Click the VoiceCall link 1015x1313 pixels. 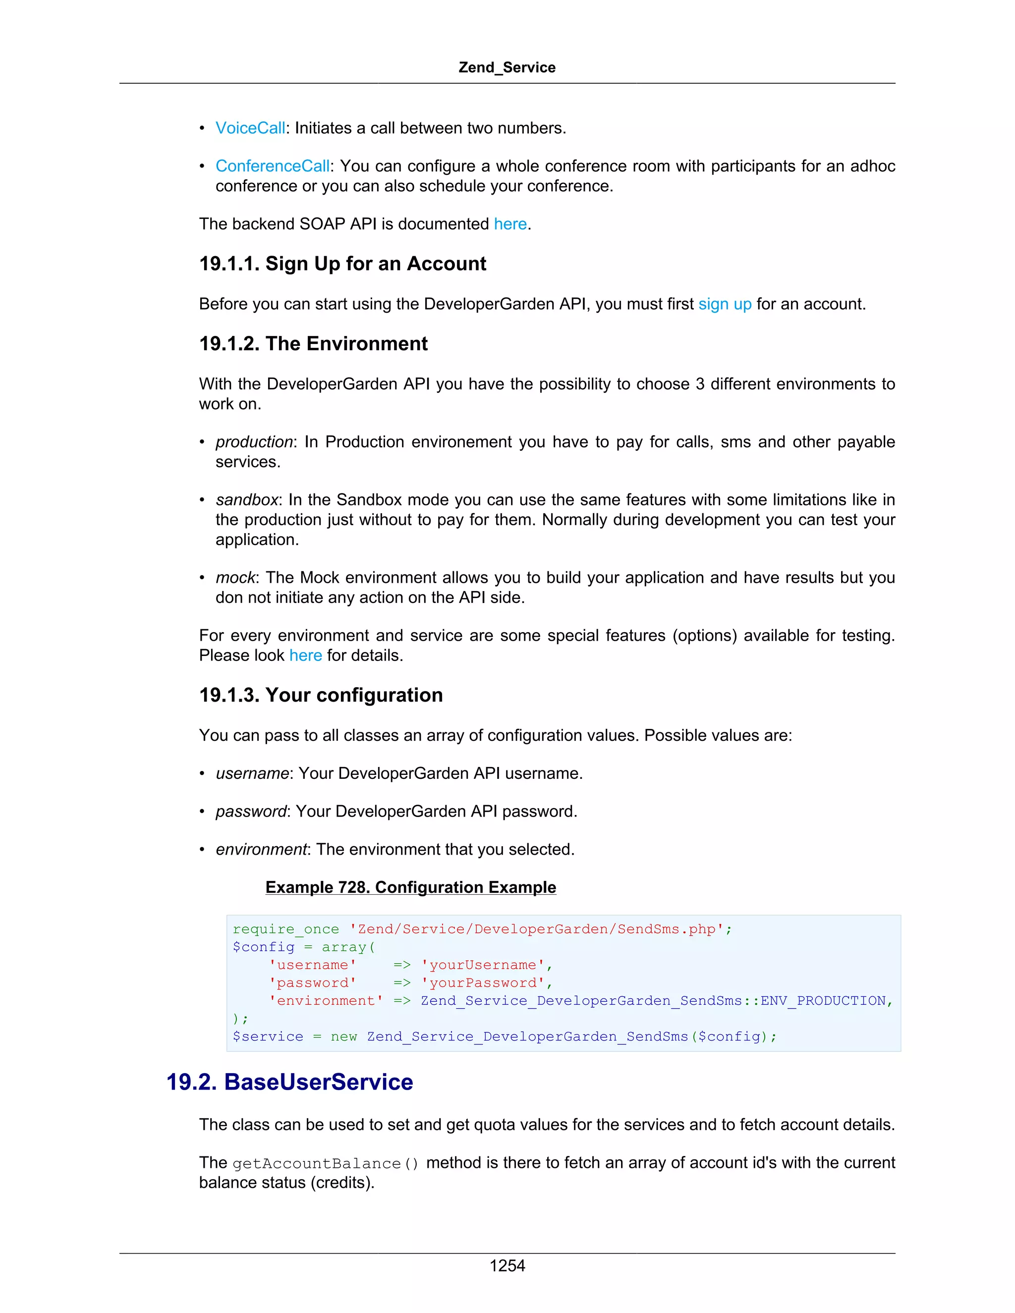[250, 128]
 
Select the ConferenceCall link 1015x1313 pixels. [273, 166]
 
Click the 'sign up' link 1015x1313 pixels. [725, 304]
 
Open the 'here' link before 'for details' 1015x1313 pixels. [305, 656]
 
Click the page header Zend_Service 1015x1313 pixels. [507, 67]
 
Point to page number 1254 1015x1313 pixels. [507, 1265]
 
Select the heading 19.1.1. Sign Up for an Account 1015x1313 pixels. [343, 263]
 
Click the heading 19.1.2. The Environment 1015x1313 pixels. [313, 343]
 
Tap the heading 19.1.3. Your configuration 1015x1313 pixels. [321, 695]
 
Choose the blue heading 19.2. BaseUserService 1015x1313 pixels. [290, 1082]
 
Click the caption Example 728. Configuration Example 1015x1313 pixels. [411, 887]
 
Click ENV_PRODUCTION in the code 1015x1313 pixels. [823, 1001]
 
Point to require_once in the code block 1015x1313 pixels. [285, 930]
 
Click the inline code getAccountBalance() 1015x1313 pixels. [325, 1164]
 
